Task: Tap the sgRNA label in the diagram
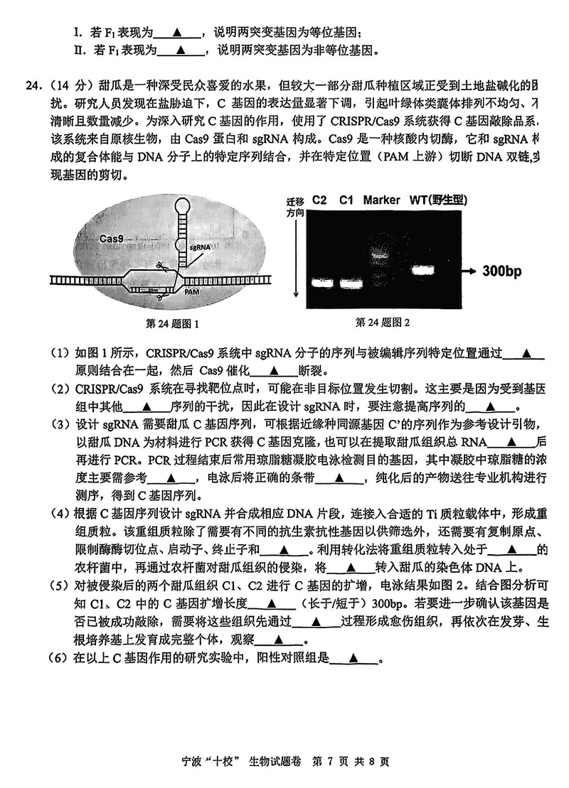point(201,245)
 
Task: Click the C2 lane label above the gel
point(319,200)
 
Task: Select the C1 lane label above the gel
point(346,200)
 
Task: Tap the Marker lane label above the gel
point(381,200)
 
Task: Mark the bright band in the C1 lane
point(353,283)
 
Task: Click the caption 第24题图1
point(172,324)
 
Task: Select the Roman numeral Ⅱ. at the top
point(78,50)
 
